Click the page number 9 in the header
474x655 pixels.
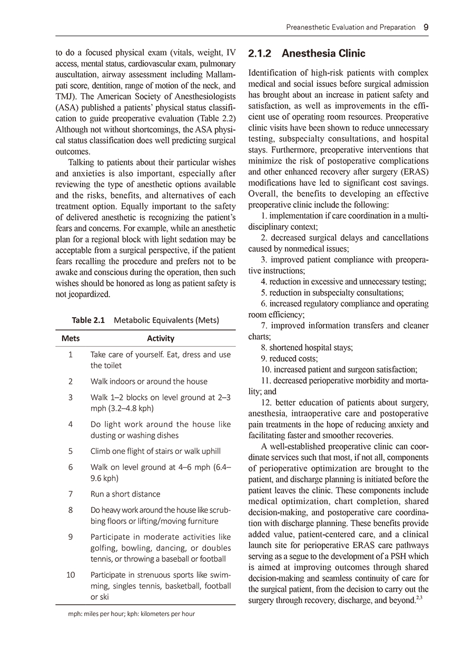coord(425,27)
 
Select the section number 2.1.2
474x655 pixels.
coord(259,54)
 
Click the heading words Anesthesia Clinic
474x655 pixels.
coord(323,54)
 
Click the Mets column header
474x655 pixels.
coord(71,338)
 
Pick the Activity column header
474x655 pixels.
coord(161,338)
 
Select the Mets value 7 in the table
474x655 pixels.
coord(71,494)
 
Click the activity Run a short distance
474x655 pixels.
coord(125,494)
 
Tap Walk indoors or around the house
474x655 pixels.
coord(149,381)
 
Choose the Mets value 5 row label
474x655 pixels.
coord(71,451)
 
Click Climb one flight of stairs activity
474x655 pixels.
coord(155,451)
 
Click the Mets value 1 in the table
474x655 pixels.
coord(71,355)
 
